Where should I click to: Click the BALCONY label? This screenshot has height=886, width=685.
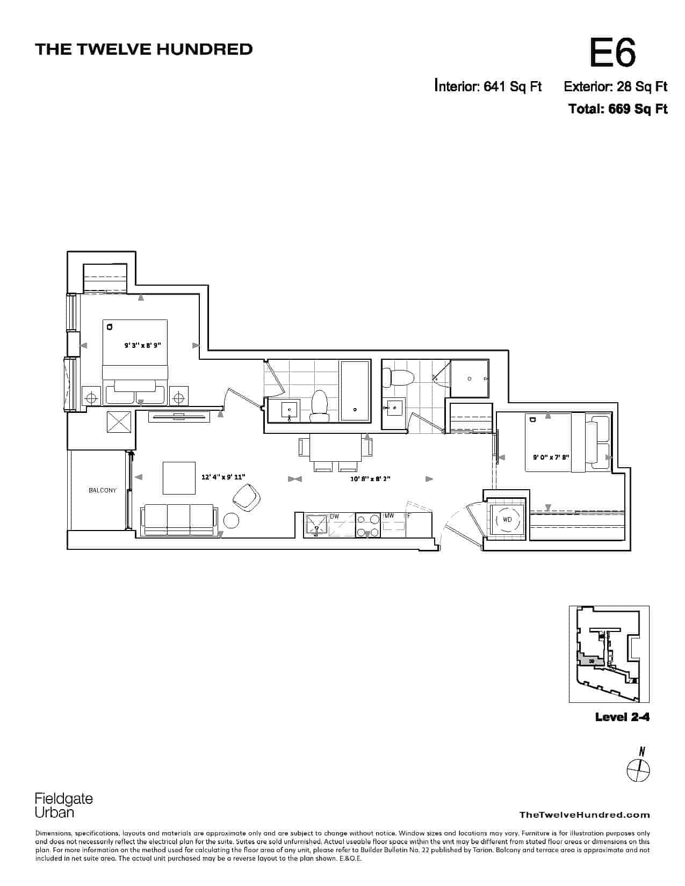(103, 490)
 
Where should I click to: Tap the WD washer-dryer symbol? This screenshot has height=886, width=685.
(507, 520)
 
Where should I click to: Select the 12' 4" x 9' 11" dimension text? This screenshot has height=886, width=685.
(223, 477)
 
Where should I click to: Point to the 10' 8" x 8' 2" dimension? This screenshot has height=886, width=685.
(370, 478)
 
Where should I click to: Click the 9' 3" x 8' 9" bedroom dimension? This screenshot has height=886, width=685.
(143, 345)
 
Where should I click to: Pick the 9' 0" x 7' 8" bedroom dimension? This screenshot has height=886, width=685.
(551, 457)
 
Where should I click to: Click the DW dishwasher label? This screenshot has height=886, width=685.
(335, 517)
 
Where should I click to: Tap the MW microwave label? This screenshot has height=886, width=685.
(389, 516)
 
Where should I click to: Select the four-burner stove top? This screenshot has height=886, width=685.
(369, 526)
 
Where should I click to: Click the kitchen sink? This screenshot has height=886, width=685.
(316, 526)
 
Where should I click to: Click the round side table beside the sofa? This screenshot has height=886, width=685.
(232, 520)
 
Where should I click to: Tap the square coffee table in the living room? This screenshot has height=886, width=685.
(179, 478)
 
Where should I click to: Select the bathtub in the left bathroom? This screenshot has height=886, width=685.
(355, 390)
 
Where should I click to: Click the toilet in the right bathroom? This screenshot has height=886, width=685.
(398, 377)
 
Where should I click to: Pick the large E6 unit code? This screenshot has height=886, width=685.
(612, 53)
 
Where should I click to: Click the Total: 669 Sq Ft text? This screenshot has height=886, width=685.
(618, 109)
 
